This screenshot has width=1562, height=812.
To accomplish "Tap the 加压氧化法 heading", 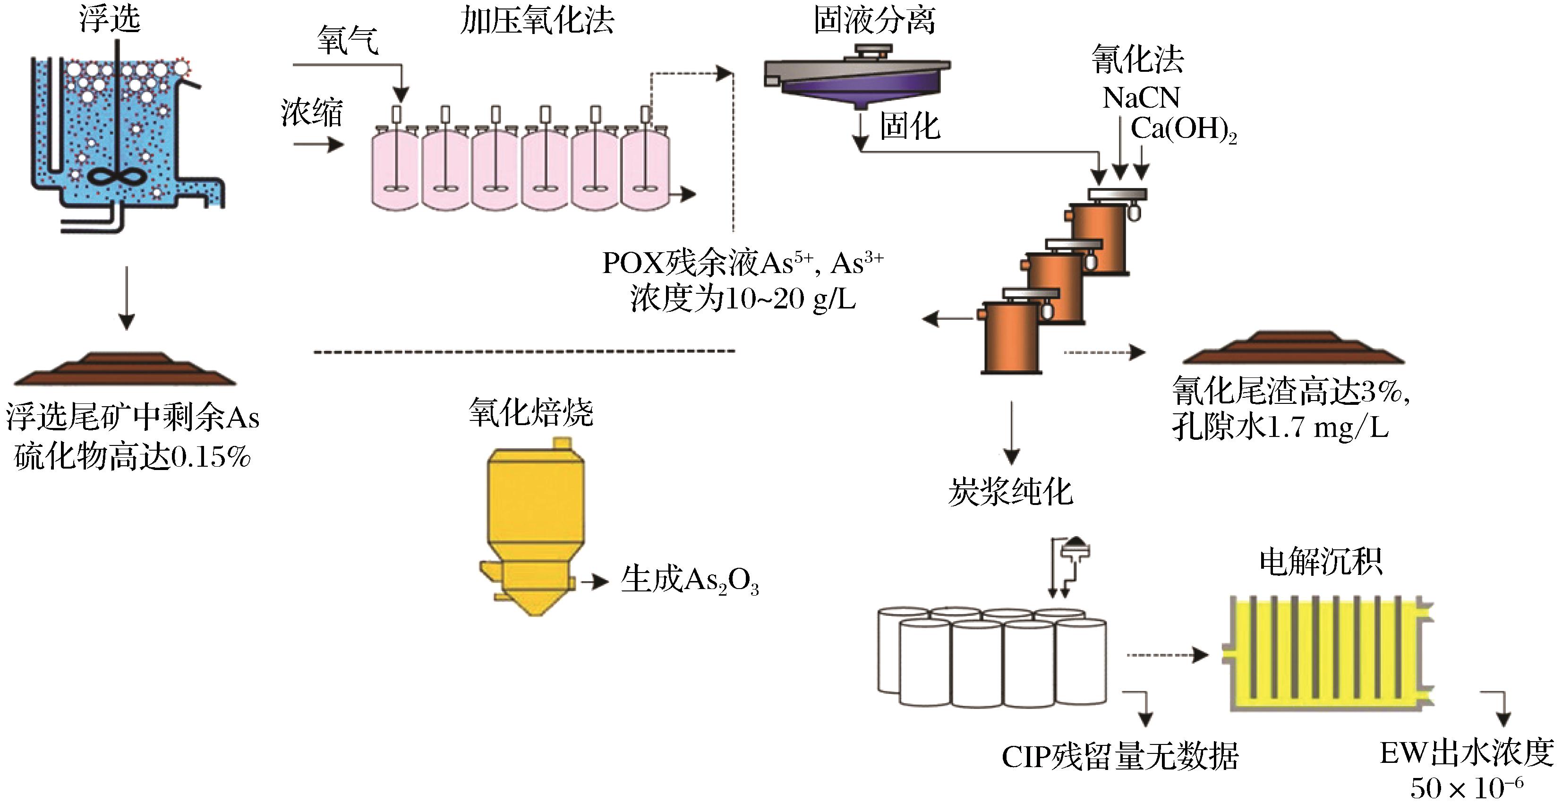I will click(537, 21).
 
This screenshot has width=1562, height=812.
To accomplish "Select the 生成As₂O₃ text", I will click(690, 581).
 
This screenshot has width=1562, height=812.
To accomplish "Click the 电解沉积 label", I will click(1320, 562).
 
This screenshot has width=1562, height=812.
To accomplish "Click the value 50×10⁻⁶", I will click(1466, 788).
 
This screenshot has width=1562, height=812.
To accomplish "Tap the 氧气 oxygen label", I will click(348, 41).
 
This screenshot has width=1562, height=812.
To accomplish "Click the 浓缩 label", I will click(312, 113).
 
